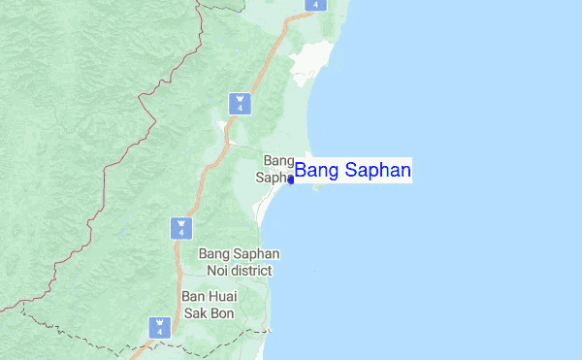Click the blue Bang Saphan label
click(x=353, y=172)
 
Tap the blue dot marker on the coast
click(x=291, y=180)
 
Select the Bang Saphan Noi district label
click(x=239, y=262)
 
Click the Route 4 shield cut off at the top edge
click(x=313, y=4)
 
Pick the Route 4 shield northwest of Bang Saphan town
click(x=239, y=103)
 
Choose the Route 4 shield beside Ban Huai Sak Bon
click(x=159, y=328)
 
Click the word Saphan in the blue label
click(x=378, y=172)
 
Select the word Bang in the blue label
click(x=315, y=172)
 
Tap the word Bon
click(x=221, y=313)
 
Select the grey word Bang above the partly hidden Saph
click(x=278, y=160)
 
